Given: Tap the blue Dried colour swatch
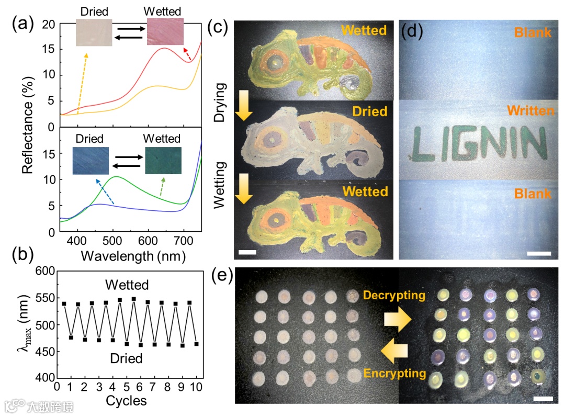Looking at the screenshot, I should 91,160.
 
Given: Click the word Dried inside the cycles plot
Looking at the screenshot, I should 126,359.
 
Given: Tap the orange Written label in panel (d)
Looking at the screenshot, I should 530,111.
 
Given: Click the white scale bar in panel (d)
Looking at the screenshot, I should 539,254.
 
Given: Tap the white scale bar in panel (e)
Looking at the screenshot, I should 543,399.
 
